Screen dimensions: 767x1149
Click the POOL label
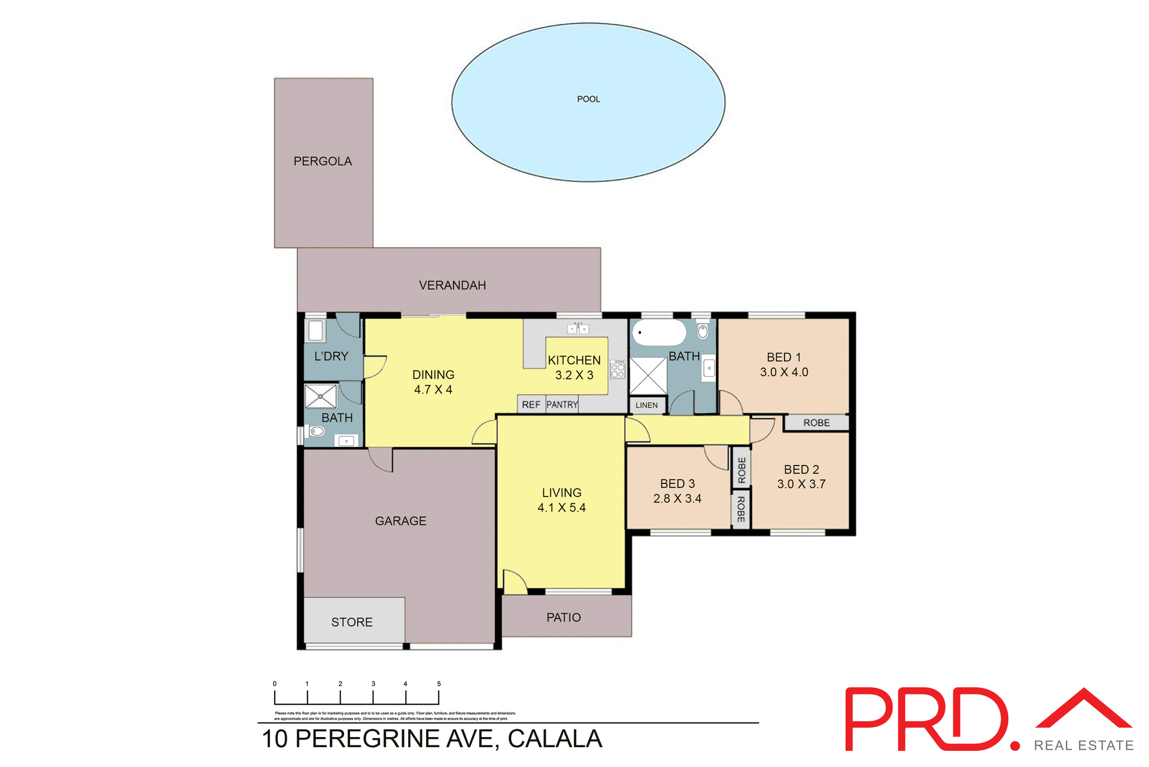pyautogui.click(x=588, y=99)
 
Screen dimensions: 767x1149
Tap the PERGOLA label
pyautogui.click(x=323, y=162)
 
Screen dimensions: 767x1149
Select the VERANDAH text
pyautogui.click(x=452, y=285)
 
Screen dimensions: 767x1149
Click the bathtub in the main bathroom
pyautogui.click(x=659, y=333)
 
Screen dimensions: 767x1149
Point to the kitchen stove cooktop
pyautogui.click(x=618, y=369)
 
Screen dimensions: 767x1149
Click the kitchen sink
pyautogui.click(x=578, y=329)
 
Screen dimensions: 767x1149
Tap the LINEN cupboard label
pyautogui.click(x=646, y=405)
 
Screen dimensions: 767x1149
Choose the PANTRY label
pyautogui.click(x=562, y=405)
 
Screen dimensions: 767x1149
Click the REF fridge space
pyautogui.click(x=531, y=405)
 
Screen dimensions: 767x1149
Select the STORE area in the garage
pyautogui.click(x=352, y=622)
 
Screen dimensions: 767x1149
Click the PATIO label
pyautogui.click(x=564, y=617)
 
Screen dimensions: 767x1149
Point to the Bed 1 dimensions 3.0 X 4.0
pyautogui.click(x=784, y=372)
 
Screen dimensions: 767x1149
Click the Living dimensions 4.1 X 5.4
pyautogui.click(x=561, y=508)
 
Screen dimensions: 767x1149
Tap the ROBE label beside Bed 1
pyautogui.click(x=816, y=423)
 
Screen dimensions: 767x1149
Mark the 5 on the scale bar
pyautogui.click(x=439, y=684)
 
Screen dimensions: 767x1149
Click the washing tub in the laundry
pyautogui.click(x=315, y=331)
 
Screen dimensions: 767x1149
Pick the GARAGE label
pyautogui.click(x=401, y=521)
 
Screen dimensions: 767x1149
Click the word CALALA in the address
pyautogui.click(x=555, y=739)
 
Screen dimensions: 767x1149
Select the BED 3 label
pyautogui.click(x=677, y=483)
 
